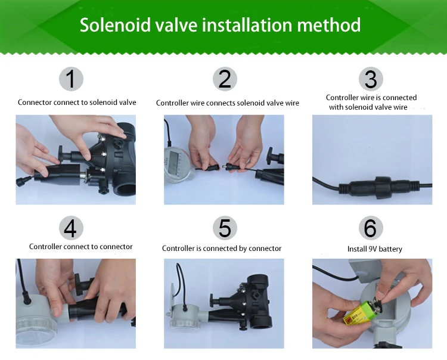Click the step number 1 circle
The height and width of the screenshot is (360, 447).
point(71,79)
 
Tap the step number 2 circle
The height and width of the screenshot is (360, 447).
point(225,79)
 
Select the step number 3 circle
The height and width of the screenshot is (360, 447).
point(371,79)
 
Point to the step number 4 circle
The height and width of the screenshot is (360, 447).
point(71,228)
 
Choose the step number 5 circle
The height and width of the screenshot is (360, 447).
point(225,228)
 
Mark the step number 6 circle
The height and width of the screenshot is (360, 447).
point(371,228)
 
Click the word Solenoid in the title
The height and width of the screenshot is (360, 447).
point(115,25)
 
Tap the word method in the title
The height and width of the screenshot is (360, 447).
point(328,25)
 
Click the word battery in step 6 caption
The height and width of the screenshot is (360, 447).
point(389,249)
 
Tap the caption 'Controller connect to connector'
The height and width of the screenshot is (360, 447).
point(80,247)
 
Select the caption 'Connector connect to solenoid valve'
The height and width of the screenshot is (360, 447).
point(77,103)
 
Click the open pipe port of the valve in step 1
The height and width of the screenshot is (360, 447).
point(125,189)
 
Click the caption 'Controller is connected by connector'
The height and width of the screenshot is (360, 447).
point(222,249)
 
